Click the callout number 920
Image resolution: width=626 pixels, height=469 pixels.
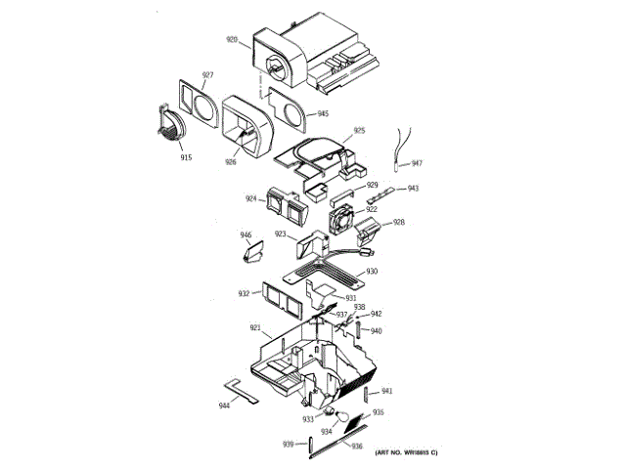coord(232,40)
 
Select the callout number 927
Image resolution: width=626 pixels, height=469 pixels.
coord(207,75)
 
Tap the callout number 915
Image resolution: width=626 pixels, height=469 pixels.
coord(186,156)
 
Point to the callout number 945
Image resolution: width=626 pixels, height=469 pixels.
coord(323,114)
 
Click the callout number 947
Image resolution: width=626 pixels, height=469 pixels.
coord(417,163)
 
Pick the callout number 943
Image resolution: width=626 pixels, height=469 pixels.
coord(413,189)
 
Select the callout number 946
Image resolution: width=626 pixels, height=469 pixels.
coord(246,234)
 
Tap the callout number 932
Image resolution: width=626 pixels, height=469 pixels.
coord(244,293)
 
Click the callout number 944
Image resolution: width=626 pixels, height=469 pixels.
coord(225,404)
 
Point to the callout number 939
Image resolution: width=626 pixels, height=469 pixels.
coord(289,445)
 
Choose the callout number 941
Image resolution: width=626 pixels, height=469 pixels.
coord(387,392)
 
